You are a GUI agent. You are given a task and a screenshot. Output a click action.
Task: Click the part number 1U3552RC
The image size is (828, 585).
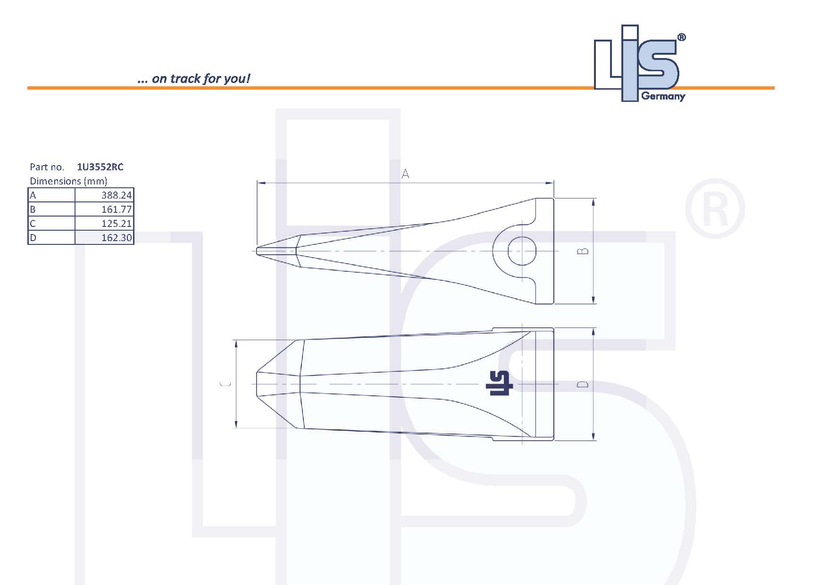pyautogui.click(x=100, y=167)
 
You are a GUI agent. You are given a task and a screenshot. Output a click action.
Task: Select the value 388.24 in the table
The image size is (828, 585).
pyautogui.click(x=117, y=195)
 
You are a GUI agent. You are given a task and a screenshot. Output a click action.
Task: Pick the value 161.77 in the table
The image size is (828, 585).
pyautogui.click(x=117, y=209)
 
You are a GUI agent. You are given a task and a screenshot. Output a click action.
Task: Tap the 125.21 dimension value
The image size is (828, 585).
pyautogui.click(x=117, y=224)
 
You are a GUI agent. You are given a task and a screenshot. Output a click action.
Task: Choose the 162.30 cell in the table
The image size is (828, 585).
pyautogui.click(x=117, y=238)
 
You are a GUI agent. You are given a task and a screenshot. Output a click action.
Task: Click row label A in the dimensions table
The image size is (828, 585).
pyautogui.click(x=33, y=195)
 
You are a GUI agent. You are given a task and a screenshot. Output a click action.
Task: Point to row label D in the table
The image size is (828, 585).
pyautogui.click(x=33, y=238)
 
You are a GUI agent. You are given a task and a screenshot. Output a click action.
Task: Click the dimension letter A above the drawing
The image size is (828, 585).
pyautogui.click(x=405, y=174)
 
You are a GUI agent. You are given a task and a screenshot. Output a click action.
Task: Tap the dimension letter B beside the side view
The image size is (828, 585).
pyautogui.click(x=584, y=251)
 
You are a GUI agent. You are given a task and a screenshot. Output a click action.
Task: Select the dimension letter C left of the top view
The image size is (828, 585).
pyautogui.click(x=226, y=384)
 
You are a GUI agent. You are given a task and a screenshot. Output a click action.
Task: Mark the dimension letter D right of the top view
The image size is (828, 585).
pyautogui.click(x=584, y=384)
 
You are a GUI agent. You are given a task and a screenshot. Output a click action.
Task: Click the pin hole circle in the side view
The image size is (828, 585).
pyautogui.click(x=522, y=251)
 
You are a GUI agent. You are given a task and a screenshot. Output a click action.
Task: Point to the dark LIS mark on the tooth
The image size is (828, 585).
pyautogui.click(x=499, y=383)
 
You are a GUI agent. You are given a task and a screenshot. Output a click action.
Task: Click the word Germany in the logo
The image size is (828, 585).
pyautogui.click(x=663, y=97)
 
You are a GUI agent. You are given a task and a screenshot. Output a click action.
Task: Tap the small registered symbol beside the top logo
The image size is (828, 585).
pyautogui.click(x=681, y=38)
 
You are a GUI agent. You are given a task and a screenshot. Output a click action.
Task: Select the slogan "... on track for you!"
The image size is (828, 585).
pyautogui.click(x=194, y=78)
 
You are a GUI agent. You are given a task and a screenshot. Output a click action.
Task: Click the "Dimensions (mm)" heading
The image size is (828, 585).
pyautogui.click(x=68, y=181)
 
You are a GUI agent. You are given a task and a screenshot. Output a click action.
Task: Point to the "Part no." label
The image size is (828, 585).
pyautogui.click(x=47, y=167)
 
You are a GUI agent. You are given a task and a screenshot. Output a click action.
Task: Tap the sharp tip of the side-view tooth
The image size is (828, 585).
pyautogui.click(x=258, y=251)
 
